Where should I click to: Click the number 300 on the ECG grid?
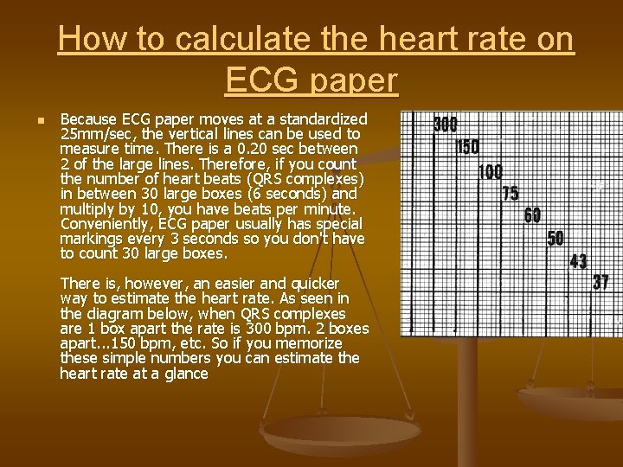pos(445,125)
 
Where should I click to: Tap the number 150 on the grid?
pos(467,147)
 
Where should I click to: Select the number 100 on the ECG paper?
pos(490,171)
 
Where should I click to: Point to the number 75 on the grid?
pos(511,193)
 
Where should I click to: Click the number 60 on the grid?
pos(532,215)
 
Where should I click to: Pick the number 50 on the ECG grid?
pos(556,238)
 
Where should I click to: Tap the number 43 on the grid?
pos(578,260)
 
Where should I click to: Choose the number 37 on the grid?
pos(601,282)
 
